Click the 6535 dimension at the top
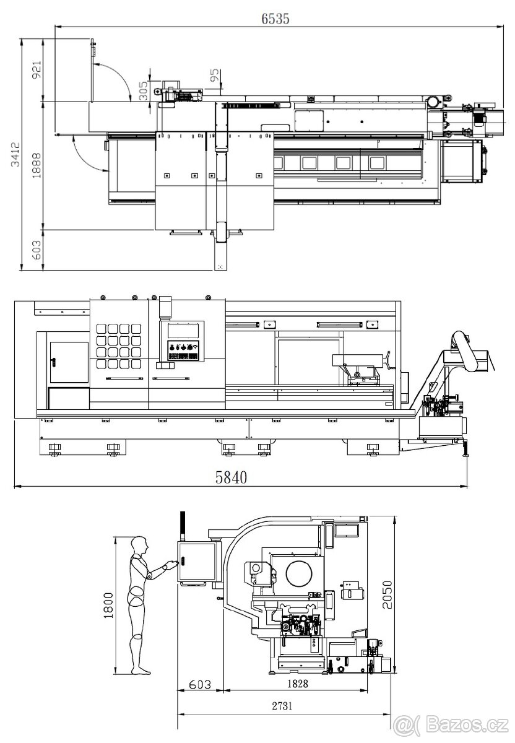pyautogui.click(x=275, y=19)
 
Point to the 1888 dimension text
pyautogui.click(x=37, y=164)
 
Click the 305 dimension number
pyautogui.click(x=144, y=91)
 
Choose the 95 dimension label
pyautogui.click(x=214, y=76)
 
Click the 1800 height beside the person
pyautogui.click(x=108, y=605)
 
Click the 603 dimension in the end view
pyautogui.click(x=199, y=684)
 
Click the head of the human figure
pyautogui.click(x=141, y=545)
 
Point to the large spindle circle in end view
pyautogui.click(x=298, y=573)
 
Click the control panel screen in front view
pyautogui.click(x=183, y=330)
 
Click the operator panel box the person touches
pyautogui.click(x=196, y=561)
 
